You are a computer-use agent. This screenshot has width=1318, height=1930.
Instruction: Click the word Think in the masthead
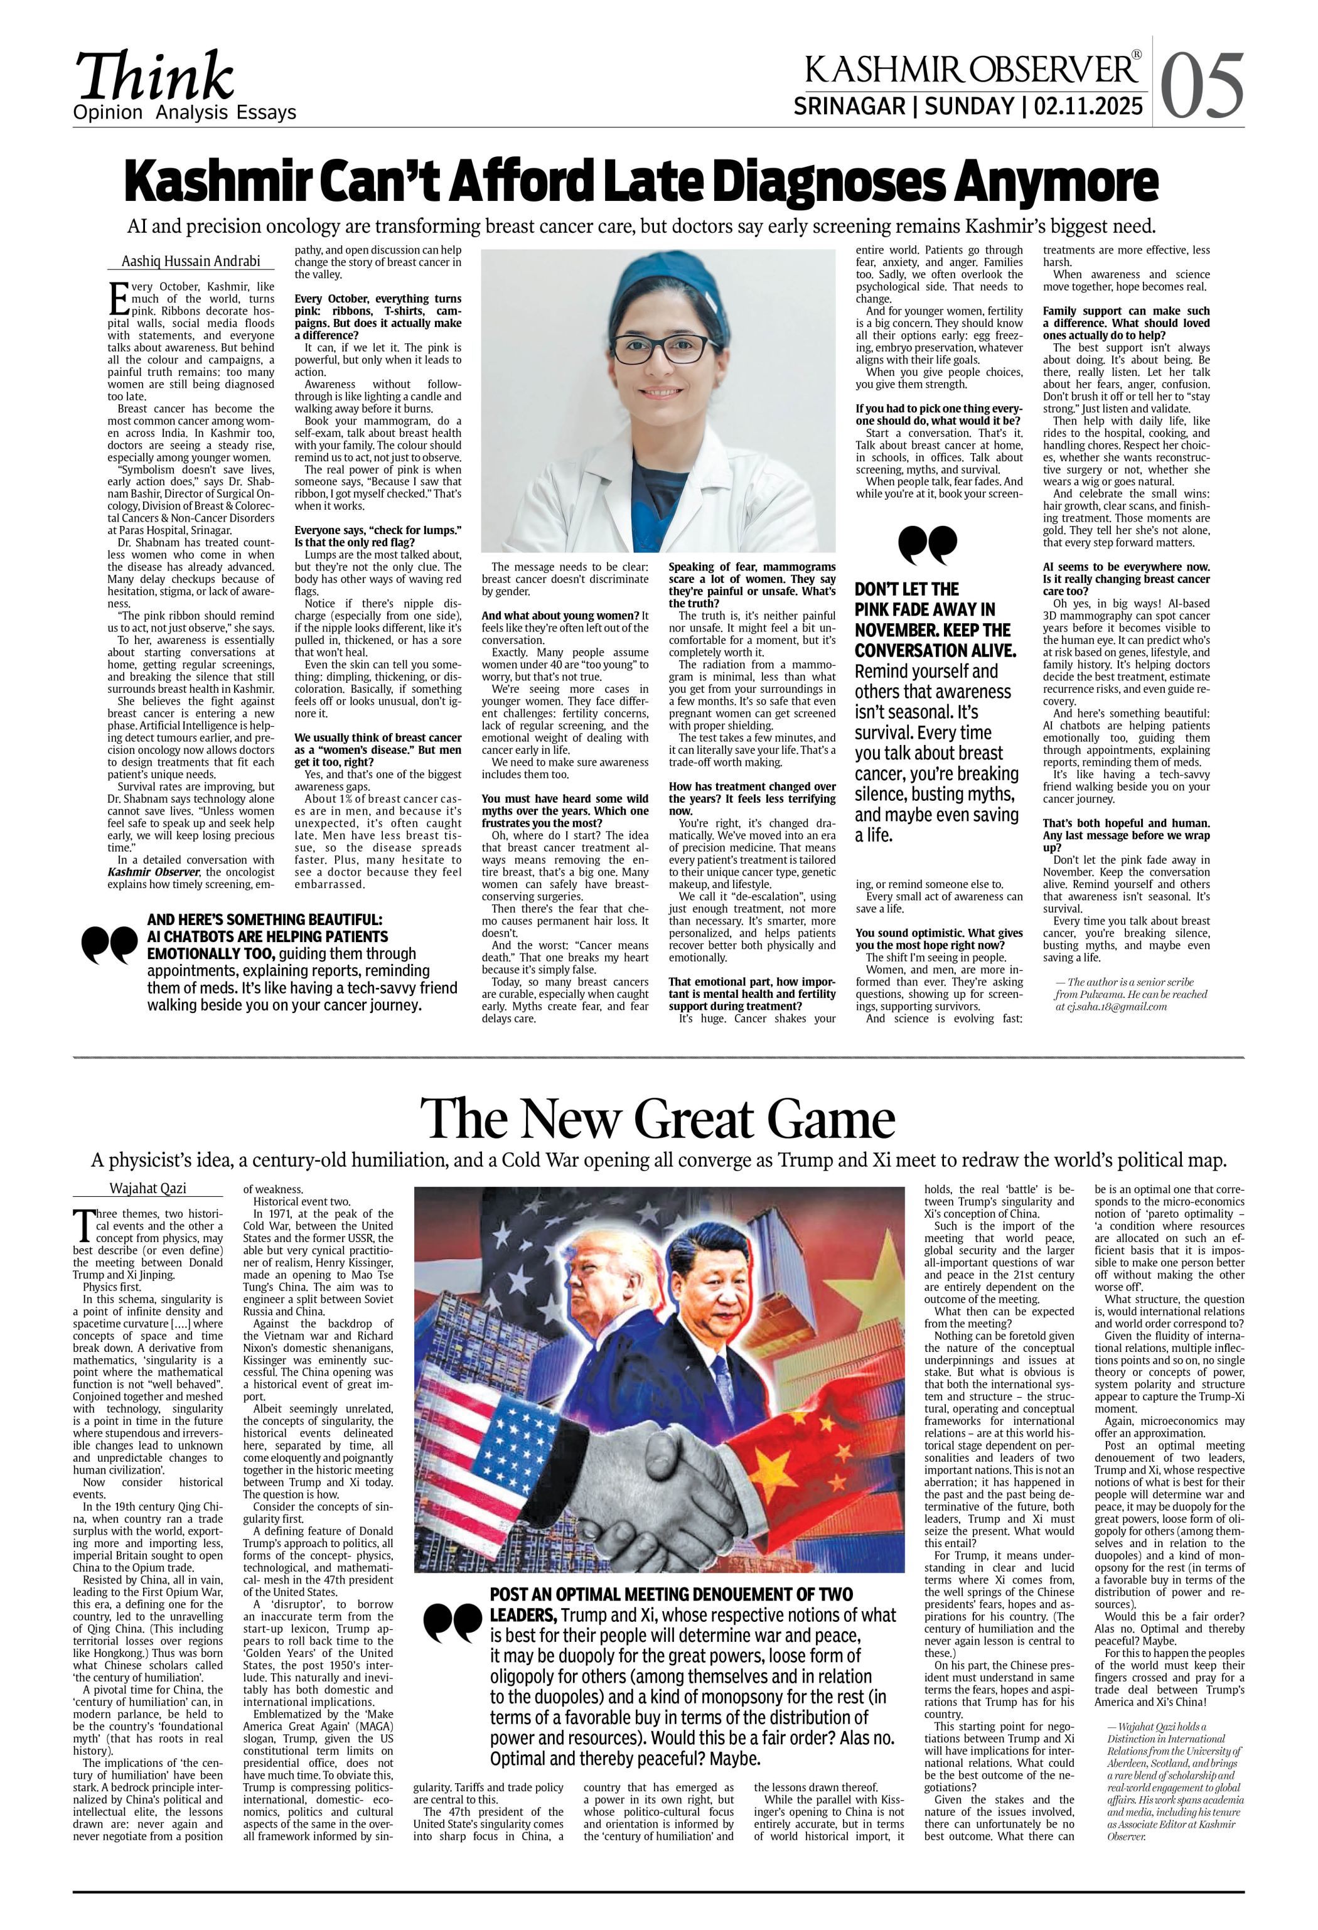(x=154, y=77)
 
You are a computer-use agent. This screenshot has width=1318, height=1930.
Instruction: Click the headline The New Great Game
(x=658, y=1118)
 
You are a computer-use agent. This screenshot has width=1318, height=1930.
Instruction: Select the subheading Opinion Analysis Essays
(x=185, y=113)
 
